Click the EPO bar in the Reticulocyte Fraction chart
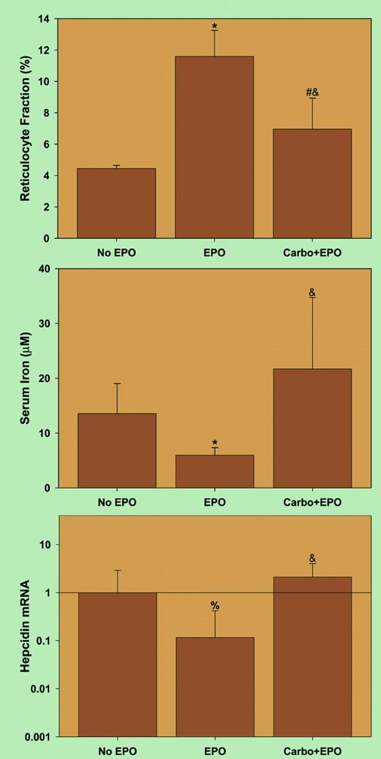click(x=214, y=147)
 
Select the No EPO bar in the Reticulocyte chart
click(x=116, y=203)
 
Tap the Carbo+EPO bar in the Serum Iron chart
click(x=312, y=428)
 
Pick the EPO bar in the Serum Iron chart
click(x=214, y=472)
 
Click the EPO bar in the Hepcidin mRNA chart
click(x=214, y=686)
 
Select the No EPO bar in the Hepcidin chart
click(x=116, y=664)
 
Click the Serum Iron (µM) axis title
click(x=26, y=378)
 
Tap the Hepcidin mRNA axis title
click(x=26, y=628)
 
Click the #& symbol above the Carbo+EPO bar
click(x=312, y=92)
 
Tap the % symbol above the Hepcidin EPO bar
click(x=215, y=606)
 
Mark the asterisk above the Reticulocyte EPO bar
click(x=215, y=27)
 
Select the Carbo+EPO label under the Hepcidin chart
click(x=312, y=752)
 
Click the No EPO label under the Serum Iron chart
click(x=116, y=502)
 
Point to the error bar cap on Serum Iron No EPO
click(x=116, y=384)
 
